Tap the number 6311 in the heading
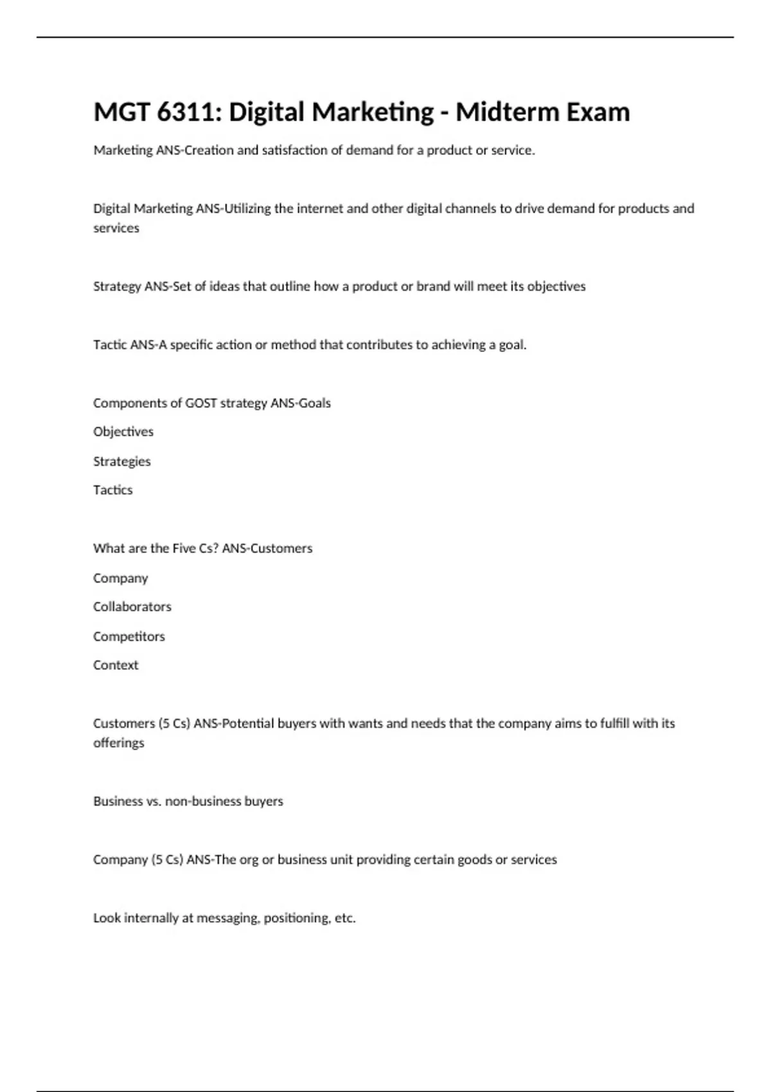point(188,112)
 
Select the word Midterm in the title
point(497,112)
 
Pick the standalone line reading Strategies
point(122,462)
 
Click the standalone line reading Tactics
point(113,490)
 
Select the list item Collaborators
point(132,607)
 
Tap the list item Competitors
point(129,637)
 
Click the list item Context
point(116,665)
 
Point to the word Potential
point(247,724)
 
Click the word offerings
point(119,743)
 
